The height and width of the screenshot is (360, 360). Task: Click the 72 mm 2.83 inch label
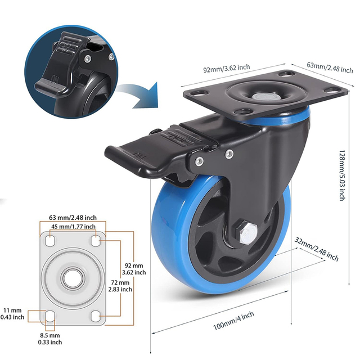click(x=120, y=285)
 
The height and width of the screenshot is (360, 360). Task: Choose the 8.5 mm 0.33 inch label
click(x=50, y=338)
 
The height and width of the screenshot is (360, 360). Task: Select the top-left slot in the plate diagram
click(x=49, y=241)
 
